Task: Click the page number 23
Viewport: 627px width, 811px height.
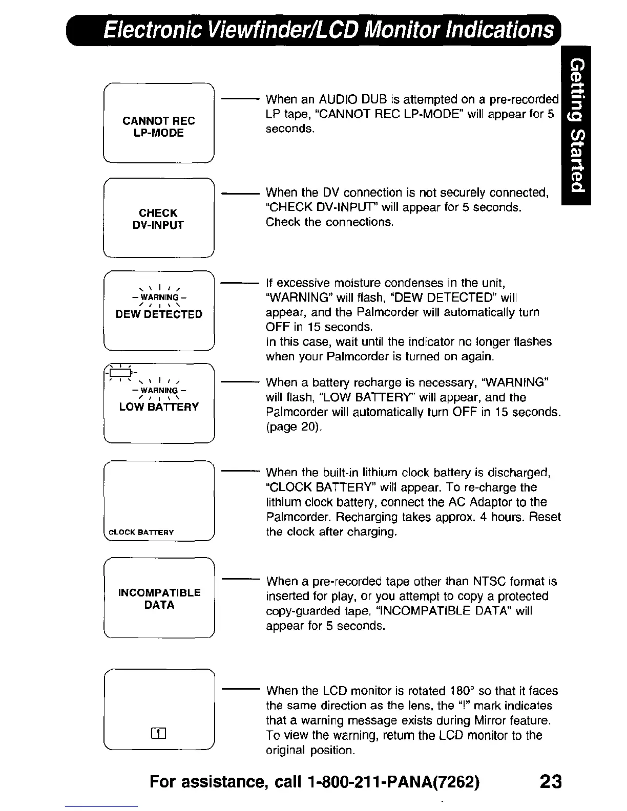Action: click(x=550, y=782)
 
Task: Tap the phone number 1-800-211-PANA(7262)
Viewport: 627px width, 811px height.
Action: click(x=394, y=782)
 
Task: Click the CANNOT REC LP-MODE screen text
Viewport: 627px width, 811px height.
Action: click(x=159, y=127)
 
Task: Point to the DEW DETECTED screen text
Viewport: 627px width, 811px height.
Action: click(x=159, y=314)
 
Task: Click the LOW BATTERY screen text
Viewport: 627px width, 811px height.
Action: click(x=159, y=407)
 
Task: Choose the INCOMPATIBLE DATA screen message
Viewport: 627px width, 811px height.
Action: click(x=159, y=599)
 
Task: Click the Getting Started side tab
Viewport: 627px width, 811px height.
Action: click(x=576, y=125)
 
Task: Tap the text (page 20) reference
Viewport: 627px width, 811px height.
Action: click(x=294, y=426)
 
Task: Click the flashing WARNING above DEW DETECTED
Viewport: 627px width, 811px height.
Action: click(x=159, y=297)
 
